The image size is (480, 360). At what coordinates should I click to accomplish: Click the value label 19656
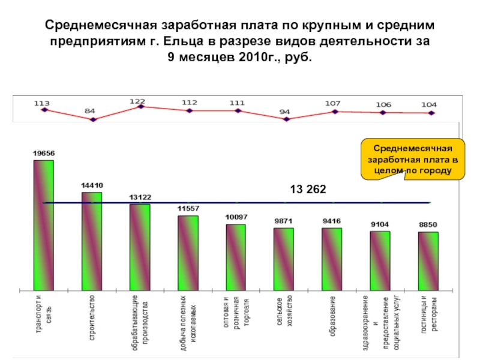click(x=43, y=154)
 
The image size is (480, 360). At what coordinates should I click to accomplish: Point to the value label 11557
click(x=188, y=208)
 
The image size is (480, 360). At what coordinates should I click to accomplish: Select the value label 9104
click(x=380, y=224)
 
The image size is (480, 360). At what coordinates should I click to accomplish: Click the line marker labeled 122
click(x=141, y=106)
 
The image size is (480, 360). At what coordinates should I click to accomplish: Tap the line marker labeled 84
click(x=92, y=119)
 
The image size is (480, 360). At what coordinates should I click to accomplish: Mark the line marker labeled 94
click(x=286, y=119)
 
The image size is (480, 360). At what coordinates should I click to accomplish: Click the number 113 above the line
click(x=41, y=103)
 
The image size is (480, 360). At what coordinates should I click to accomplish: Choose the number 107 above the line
click(x=333, y=103)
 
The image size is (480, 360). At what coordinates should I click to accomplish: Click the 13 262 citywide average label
click(x=308, y=189)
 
